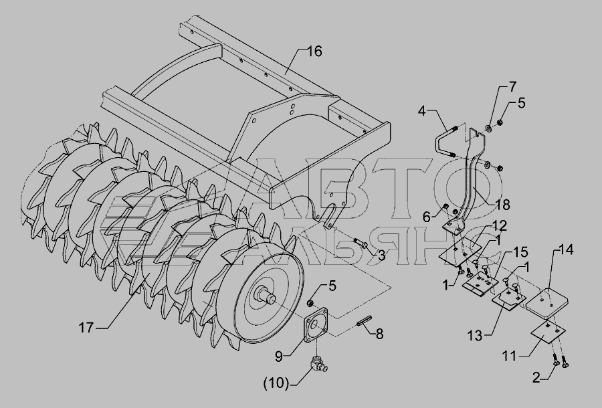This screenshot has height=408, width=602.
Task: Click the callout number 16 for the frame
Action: (314, 52)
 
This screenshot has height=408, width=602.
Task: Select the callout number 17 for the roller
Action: (86, 328)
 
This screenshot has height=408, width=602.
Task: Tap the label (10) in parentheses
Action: (276, 383)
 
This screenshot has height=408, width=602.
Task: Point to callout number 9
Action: (279, 356)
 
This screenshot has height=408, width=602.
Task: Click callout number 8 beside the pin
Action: (379, 334)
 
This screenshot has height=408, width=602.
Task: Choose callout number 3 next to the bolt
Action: (381, 256)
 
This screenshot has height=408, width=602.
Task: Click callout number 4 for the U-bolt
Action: (422, 111)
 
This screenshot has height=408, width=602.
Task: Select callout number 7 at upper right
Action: (512, 87)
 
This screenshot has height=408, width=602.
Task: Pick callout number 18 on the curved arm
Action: (502, 205)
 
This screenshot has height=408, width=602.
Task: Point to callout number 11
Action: (510, 356)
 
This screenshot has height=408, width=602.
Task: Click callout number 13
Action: (474, 336)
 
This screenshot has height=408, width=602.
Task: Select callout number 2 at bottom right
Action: (536, 378)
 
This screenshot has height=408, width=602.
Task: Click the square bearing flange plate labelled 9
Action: (316, 324)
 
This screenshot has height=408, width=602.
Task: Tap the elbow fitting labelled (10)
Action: (318, 365)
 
